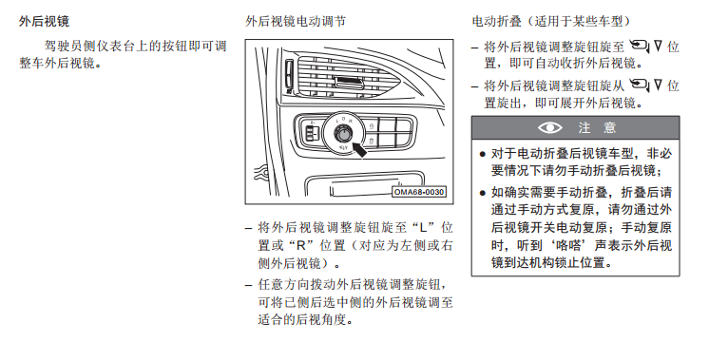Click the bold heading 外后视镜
44,21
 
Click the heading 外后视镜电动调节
296,21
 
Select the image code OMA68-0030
419,192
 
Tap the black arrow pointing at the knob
359,149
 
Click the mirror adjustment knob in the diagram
343,134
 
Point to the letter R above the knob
350,121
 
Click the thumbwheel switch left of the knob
312,134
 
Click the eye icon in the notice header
550,128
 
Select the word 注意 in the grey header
597,128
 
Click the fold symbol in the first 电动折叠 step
645,46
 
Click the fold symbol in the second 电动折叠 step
645,85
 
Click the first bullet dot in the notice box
482,155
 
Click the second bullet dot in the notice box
482,194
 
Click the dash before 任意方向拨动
248,285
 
